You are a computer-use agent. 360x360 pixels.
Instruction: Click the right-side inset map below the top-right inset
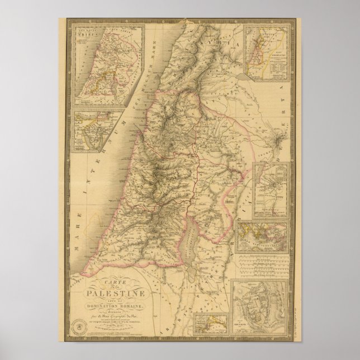[x=269, y=190]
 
